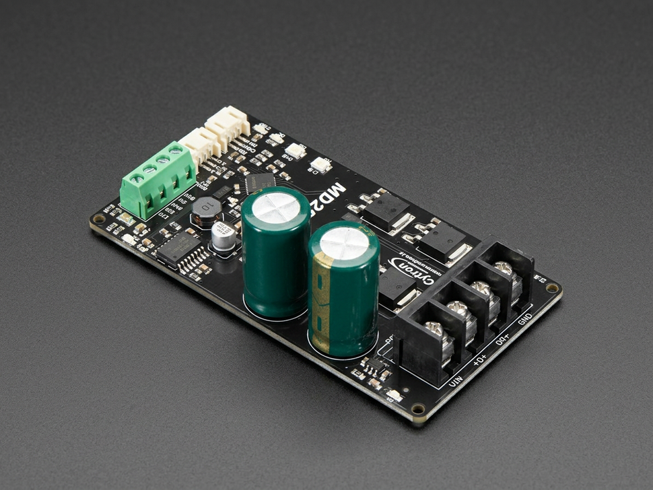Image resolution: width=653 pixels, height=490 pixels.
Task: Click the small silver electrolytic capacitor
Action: click(x=224, y=236)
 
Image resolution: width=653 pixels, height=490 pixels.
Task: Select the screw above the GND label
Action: click(x=504, y=269)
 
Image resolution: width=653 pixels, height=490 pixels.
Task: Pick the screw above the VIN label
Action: click(x=435, y=329)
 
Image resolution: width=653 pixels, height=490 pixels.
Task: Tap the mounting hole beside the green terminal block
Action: click(x=99, y=219)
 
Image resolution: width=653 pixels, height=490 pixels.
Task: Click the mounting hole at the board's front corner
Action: click(x=418, y=409)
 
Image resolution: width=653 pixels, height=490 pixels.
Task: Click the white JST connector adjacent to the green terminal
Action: click(x=200, y=144)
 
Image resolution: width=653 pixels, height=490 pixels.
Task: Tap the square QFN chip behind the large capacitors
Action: click(x=259, y=182)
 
